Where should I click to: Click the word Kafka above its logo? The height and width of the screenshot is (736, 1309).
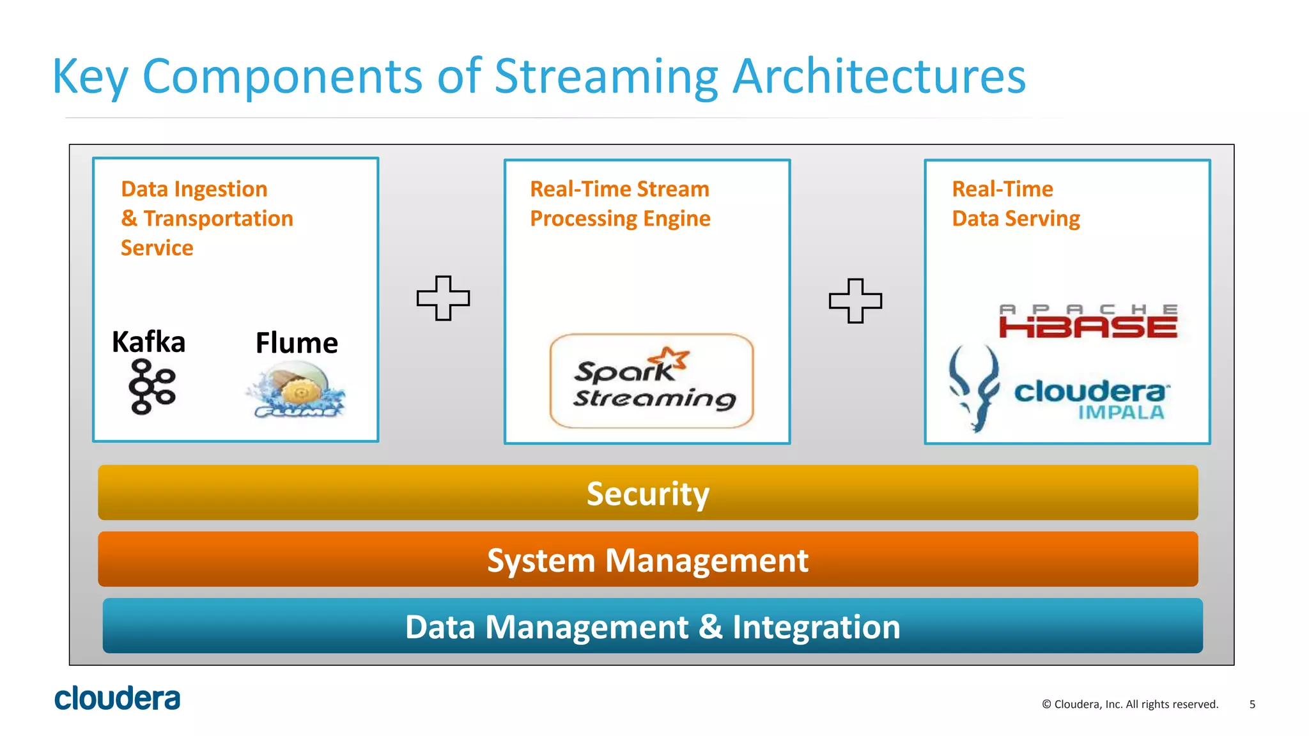148,342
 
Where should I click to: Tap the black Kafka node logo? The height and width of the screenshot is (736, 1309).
152,387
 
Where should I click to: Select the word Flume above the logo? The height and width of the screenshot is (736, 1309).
297,343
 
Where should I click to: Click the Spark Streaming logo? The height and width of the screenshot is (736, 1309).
651,381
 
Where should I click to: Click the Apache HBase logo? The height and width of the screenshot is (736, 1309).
1088,321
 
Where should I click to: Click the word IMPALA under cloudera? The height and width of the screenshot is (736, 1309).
1121,413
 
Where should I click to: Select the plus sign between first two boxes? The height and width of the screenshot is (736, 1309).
443,298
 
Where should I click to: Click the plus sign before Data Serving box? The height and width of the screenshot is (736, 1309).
855,301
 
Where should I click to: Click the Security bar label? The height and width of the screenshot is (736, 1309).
647,494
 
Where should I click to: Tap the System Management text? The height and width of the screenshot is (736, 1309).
647,560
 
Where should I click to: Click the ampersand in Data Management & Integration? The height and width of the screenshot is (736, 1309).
710,627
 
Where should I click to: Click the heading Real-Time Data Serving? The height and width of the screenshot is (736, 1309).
1015,204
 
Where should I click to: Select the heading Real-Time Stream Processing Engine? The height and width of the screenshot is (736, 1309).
619,204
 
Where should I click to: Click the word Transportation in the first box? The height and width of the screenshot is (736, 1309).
218,218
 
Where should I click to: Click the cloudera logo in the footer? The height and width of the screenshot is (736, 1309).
118,698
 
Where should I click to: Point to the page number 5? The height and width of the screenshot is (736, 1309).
1252,704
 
